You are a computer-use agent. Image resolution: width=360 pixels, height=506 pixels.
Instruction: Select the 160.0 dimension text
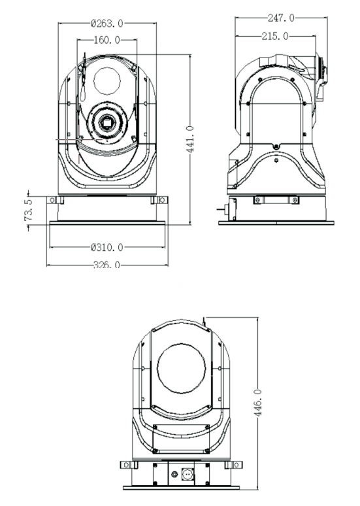pyautogui.click(x=107, y=41)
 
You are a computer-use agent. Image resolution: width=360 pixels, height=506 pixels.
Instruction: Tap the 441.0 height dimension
pyautogui.click(x=189, y=138)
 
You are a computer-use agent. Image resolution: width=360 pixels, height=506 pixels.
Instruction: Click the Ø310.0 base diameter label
pyautogui.click(x=107, y=248)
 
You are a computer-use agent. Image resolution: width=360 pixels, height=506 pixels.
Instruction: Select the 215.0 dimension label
pyautogui.click(x=274, y=36)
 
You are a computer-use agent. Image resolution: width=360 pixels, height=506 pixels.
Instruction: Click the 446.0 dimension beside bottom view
pyautogui.click(x=258, y=399)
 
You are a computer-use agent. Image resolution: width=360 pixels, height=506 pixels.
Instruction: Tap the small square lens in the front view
pyautogui.click(x=105, y=122)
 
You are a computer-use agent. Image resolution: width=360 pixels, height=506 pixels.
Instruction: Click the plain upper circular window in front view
pyautogui.click(x=106, y=80)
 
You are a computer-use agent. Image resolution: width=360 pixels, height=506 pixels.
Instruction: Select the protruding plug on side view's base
pyautogui.click(x=223, y=211)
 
